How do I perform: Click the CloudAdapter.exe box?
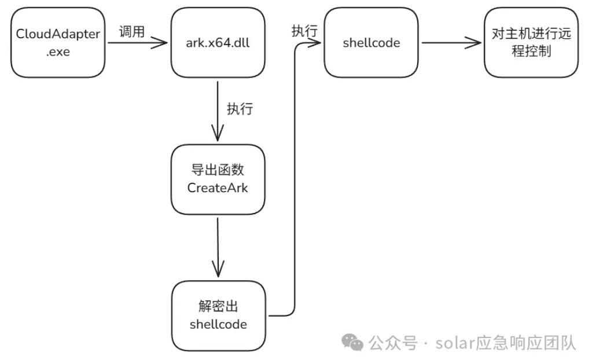58,42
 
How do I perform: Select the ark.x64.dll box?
218,42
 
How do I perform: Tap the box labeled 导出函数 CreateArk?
218,179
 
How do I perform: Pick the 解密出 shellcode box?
218,315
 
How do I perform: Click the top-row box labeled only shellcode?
371,42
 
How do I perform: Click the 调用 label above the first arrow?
131,31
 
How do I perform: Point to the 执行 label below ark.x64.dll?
240,109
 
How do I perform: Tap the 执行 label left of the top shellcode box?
304,31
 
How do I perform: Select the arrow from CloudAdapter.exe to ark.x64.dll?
136,43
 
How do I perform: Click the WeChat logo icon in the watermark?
352,342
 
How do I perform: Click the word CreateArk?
218,188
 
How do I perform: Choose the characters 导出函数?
218,171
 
